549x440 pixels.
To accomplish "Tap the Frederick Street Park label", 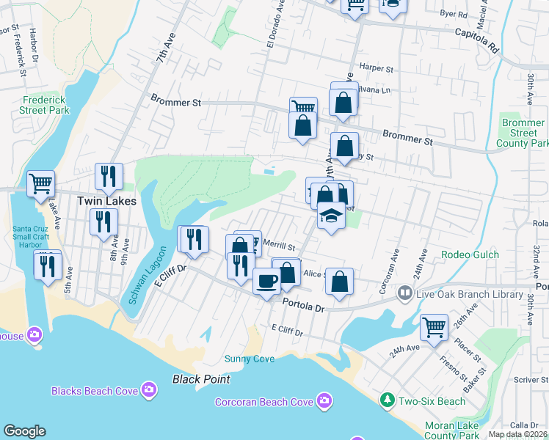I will coord(46,105).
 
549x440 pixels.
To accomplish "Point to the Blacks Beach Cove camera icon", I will coord(149,389).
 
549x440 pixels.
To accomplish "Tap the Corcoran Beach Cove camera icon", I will coord(324,400).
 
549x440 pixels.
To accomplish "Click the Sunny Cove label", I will coord(250,359).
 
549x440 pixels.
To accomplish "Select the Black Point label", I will coord(201,379).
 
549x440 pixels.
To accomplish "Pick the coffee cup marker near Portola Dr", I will coord(266,280).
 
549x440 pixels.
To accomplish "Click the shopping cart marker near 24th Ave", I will coord(434,326).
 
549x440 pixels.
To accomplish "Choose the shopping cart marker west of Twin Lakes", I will coord(40,183).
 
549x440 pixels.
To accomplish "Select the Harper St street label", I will coord(377,67).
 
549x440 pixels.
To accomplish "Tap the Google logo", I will coord(24,431).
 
